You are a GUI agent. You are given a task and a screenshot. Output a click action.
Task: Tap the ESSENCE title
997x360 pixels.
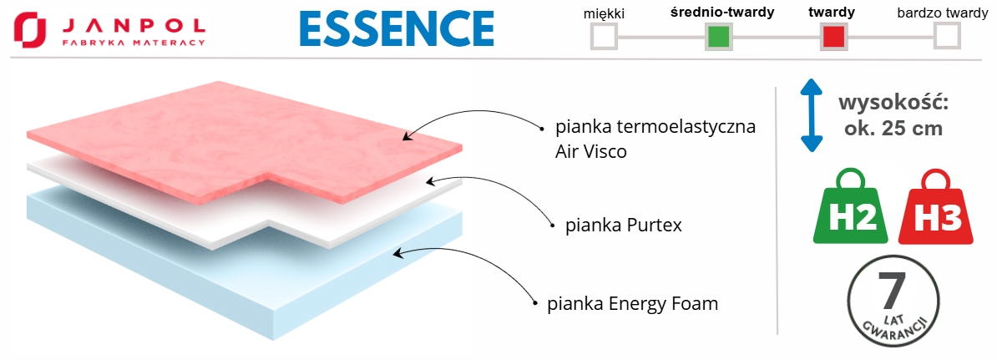point(396,28)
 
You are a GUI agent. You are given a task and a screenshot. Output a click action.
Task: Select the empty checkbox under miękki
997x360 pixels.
point(604,37)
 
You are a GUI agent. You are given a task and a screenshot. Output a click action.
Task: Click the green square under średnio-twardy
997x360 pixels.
point(718,37)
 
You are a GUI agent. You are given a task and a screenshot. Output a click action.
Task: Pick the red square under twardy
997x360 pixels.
point(834,37)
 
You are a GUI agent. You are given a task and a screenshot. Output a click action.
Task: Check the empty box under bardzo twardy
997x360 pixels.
point(947,37)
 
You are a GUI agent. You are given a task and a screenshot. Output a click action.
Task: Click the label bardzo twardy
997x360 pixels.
point(943,13)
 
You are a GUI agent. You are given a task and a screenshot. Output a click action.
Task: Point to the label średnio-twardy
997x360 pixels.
point(722,13)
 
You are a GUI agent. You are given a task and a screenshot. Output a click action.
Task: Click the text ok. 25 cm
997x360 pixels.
point(894,129)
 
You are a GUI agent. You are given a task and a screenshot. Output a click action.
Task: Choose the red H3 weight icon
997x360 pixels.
point(937,209)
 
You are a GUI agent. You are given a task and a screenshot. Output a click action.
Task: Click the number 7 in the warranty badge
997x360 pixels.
point(891,291)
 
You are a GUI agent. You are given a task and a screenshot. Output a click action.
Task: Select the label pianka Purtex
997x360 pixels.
point(624,226)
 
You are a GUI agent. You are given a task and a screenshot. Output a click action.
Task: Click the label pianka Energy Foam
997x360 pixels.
point(632,303)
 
